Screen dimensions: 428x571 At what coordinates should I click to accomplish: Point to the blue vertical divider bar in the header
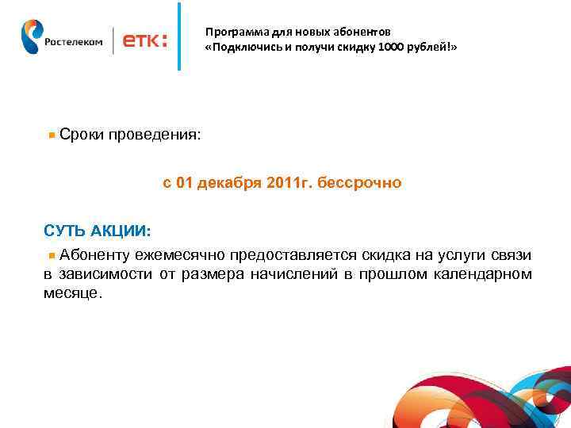[x=179, y=36]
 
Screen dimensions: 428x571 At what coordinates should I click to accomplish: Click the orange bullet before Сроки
[x=52, y=136]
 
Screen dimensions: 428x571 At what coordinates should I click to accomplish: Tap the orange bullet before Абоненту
[x=52, y=255]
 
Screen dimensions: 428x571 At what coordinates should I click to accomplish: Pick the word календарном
[x=483, y=274]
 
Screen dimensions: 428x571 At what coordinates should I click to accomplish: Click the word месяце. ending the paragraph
[x=73, y=293]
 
